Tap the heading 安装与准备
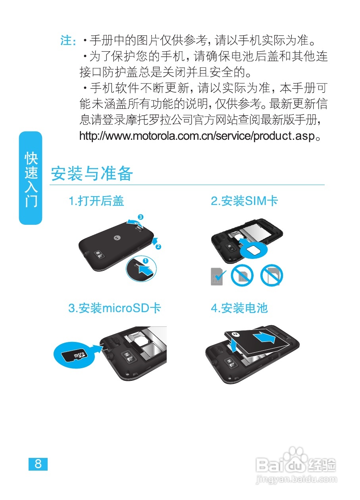[x=92, y=174]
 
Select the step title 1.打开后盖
[x=96, y=201]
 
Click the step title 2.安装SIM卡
[x=244, y=201]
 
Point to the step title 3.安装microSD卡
[x=115, y=308]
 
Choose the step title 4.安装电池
[x=239, y=308]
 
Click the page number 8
[x=38, y=464]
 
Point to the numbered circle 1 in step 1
[x=145, y=261]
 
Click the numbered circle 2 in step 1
[x=158, y=247]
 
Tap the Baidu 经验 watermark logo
[x=296, y=462]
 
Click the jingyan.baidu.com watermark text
[x=296, y=480]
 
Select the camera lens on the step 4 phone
[x=231, y=362]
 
